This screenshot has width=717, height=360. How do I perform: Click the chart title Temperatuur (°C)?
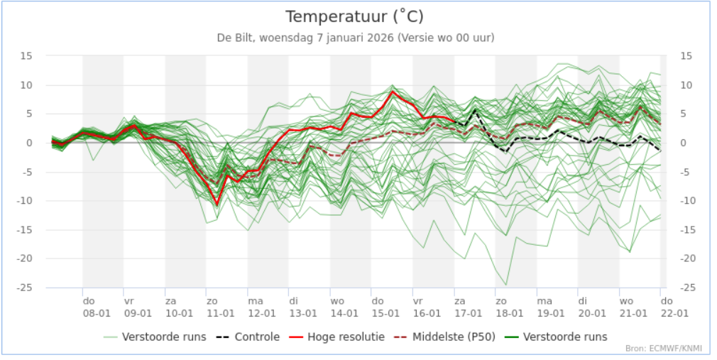tap(354, 17)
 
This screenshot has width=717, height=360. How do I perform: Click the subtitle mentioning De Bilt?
tap(355, 38)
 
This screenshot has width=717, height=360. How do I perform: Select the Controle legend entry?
tap(249, 337)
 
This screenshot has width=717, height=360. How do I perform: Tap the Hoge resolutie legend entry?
tap(336, 337)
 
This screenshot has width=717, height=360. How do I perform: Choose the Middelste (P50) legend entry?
tap(444, 337)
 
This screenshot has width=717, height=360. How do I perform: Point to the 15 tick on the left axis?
tap(26, 56)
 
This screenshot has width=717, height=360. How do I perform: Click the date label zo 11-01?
tap(220, 307)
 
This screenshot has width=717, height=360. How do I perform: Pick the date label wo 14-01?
tap(344, 307)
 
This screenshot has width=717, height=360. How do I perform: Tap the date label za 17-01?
tap(468, 307)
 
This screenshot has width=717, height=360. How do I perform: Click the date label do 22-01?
tap(674, 307)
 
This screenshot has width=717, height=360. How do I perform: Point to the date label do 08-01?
tap(97, 307)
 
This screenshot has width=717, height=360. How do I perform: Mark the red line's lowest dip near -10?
tap(217, 204)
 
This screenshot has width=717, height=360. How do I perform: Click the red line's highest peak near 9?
tap(393, 92)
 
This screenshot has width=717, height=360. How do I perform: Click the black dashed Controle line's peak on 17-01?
tap(475, 110)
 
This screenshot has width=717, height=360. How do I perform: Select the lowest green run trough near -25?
tap(505, 285)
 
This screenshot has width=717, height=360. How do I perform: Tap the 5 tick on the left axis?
tap(29, 114)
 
